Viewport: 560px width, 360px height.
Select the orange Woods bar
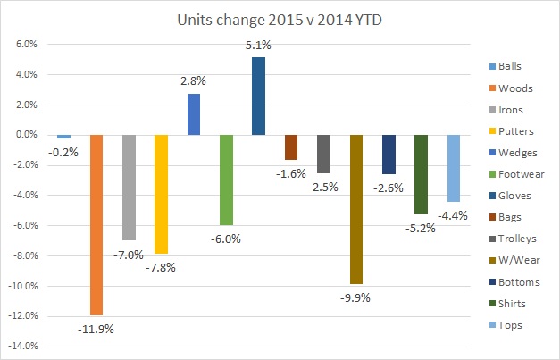point(96,224)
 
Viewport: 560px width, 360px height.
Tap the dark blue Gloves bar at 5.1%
point(258,96)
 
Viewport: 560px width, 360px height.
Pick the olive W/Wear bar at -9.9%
point(355,209)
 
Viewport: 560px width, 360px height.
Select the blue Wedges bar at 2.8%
point(193,113)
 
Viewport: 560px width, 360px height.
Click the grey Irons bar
point(129,188)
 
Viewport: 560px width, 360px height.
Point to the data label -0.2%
point(63,152)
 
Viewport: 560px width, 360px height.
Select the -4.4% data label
point(454,215)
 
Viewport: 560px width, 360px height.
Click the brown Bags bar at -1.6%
point(290,147)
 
